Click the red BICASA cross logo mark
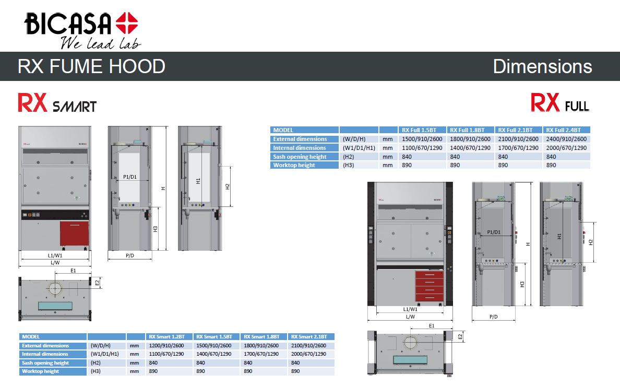(127, 25)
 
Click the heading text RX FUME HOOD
(91, 66)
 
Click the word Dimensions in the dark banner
(542, 66)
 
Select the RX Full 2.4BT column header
(566, 130)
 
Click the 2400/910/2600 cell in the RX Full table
(566, 139)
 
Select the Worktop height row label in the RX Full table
(294, 165)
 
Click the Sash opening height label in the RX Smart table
(45, 363)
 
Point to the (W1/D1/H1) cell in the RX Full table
(359, 148)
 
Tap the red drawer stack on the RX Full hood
(430, 287)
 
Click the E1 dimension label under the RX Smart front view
(73, 270)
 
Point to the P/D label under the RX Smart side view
(130, 255)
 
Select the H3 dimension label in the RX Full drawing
(522, 284)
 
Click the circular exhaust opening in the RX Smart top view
(55, 288)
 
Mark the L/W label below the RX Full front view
(410, 317)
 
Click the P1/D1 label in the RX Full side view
(493, 232)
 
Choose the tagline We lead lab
(100, 43)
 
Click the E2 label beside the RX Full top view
(460, 337)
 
